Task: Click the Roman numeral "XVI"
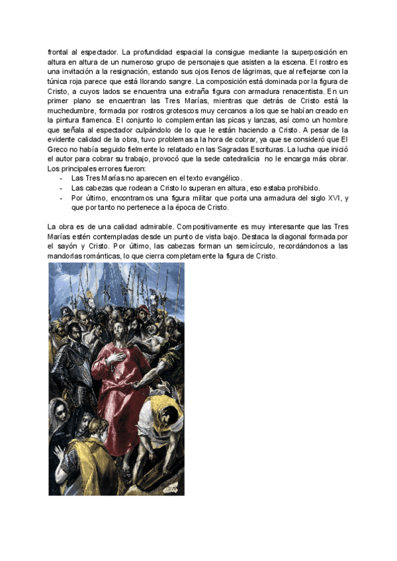pyautogui.click(x=328, y=198)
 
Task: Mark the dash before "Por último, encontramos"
pyautogui.click(x=62, y=198)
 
